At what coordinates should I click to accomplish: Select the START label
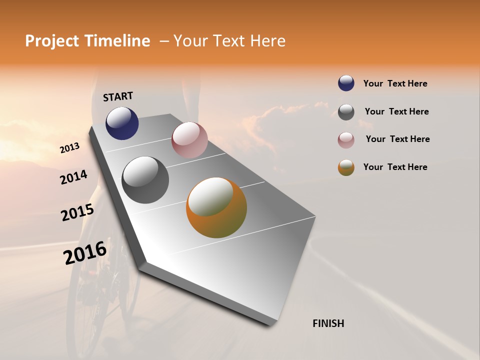point(118,96)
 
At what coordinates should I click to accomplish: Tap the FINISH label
point(328,323)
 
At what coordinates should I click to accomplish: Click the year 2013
point(70,148)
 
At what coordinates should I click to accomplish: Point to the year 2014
point(74,177)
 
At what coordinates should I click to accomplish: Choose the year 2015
point(77,212)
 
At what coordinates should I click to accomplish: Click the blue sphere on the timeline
point(122,123)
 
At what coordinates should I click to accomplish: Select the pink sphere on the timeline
point(189,140)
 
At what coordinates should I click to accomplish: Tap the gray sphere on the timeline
point(145,180)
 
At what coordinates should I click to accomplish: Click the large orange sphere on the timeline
point(216,207)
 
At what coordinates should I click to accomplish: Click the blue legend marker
point(346,83)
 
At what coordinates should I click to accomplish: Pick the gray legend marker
point(346,112)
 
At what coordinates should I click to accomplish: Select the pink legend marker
point(346,140)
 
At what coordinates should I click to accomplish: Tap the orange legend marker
point(346,167)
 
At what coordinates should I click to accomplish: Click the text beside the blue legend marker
point(395,83)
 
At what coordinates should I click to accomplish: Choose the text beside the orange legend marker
point(395,167)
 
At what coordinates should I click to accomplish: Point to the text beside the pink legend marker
point(397,139)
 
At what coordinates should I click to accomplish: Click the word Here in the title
point(267,41)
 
